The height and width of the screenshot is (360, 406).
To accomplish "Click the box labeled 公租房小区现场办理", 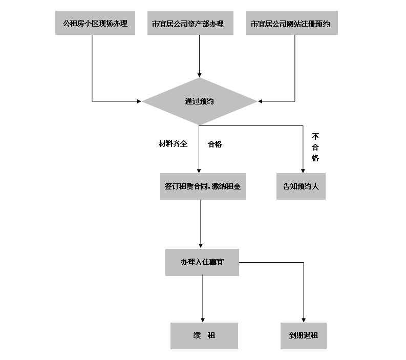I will (x=95, y=24).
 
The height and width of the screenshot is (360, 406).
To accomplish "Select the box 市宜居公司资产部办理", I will (x=188, y=24).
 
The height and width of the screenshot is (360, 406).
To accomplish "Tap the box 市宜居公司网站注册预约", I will (x=291, y=24).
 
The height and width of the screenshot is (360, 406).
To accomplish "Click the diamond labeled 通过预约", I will (x=199, y=101).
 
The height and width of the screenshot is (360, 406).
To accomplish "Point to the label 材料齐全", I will (x=173, y=144).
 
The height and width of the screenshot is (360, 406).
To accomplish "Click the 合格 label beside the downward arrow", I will (x=215, y=144).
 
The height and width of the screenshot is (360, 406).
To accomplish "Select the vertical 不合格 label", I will (x=315, y=147).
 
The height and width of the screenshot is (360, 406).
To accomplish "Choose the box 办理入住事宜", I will (x=202, y=262).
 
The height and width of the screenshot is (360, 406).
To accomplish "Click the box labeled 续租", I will (x=204, y=336).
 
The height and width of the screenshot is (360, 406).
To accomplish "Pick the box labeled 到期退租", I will (x=303, y=336).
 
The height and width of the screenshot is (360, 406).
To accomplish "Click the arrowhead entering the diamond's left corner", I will (x=139, y=101).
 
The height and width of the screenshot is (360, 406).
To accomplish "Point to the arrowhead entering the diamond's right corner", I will (x=260, y=101).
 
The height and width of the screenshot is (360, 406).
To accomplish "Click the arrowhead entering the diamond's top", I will (x=199, y=75).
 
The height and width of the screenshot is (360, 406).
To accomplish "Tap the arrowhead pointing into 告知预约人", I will (x=303, y=171).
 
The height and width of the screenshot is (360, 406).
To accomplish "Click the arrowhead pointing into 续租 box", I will (x=203, y=319).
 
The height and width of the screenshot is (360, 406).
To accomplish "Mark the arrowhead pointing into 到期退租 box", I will (x=304, y=319).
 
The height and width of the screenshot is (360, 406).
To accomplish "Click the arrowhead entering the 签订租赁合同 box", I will (x=199, y=171).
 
